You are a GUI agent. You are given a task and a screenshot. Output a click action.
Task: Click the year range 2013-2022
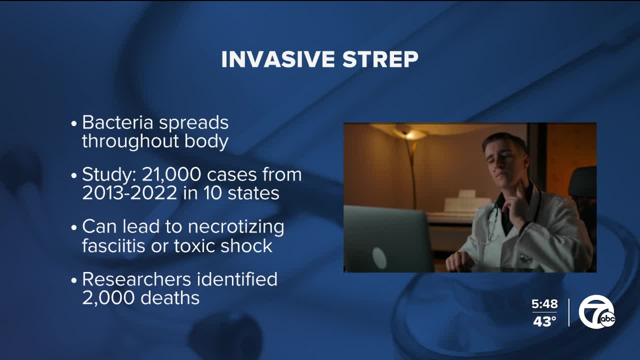pyautogui.click(x=129, y=193)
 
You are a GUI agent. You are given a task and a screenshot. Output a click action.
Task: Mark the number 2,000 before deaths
pyautogui.click(x=105, y=297)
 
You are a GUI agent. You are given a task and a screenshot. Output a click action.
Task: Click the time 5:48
pyautogui.click(x=544, y=304)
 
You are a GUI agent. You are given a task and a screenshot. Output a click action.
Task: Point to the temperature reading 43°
pyautogui.click(x=544, y=321)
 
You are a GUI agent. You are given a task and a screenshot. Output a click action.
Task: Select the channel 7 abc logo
pyautogui.click(x=596, y=312)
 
